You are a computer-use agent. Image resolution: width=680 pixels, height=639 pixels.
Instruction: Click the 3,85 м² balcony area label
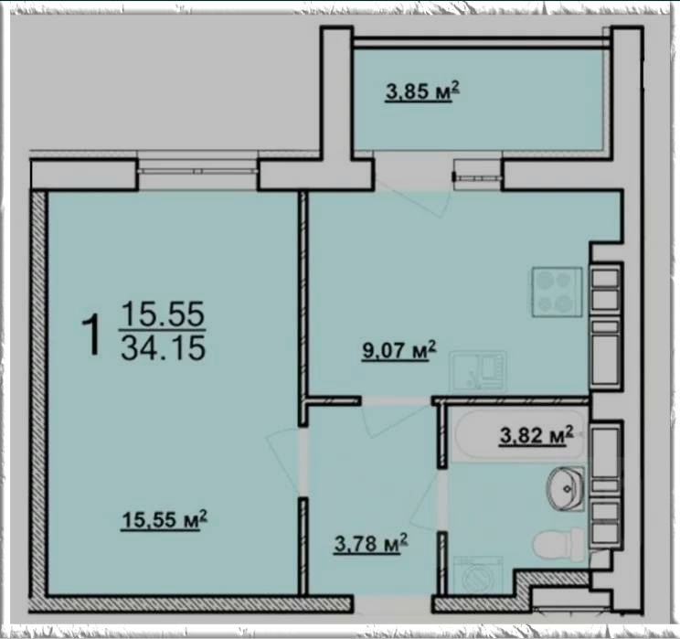[x=422, y=92]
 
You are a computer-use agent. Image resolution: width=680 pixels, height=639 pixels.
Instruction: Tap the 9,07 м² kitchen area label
[x=399, y=350]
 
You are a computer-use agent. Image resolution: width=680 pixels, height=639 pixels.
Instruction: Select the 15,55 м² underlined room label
[x=165, y=520]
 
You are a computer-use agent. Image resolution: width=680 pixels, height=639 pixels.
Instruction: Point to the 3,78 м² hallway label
[x=371, y=543]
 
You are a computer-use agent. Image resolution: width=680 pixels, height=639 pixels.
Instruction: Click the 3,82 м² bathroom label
[x=537, y=435]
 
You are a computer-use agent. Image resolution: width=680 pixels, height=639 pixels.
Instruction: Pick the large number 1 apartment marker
[x=92, y=335]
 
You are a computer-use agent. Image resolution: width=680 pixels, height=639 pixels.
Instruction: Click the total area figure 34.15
[x=163, y=348]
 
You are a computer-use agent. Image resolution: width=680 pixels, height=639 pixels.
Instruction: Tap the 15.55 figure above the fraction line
[x=163, y=314]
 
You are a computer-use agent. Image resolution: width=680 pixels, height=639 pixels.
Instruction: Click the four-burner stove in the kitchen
[x=558, y=292]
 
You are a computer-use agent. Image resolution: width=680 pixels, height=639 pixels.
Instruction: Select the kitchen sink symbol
[x=479, y=372]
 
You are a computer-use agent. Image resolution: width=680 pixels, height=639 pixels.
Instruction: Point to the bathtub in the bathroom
[x=518, y=435]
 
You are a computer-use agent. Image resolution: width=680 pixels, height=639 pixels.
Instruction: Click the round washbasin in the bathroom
[x=566, y=489]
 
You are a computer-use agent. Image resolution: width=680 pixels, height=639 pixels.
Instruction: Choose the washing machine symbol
[x=477, y=575]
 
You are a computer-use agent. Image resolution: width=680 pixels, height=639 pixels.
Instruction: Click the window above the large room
[x=198, y=171]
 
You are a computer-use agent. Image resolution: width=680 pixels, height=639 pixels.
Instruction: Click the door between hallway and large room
[x=284, y=462]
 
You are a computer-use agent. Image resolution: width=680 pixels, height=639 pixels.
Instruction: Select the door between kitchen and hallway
[x=396, y=419]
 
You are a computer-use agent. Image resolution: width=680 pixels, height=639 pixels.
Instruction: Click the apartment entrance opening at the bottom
[x=393, y=604]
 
